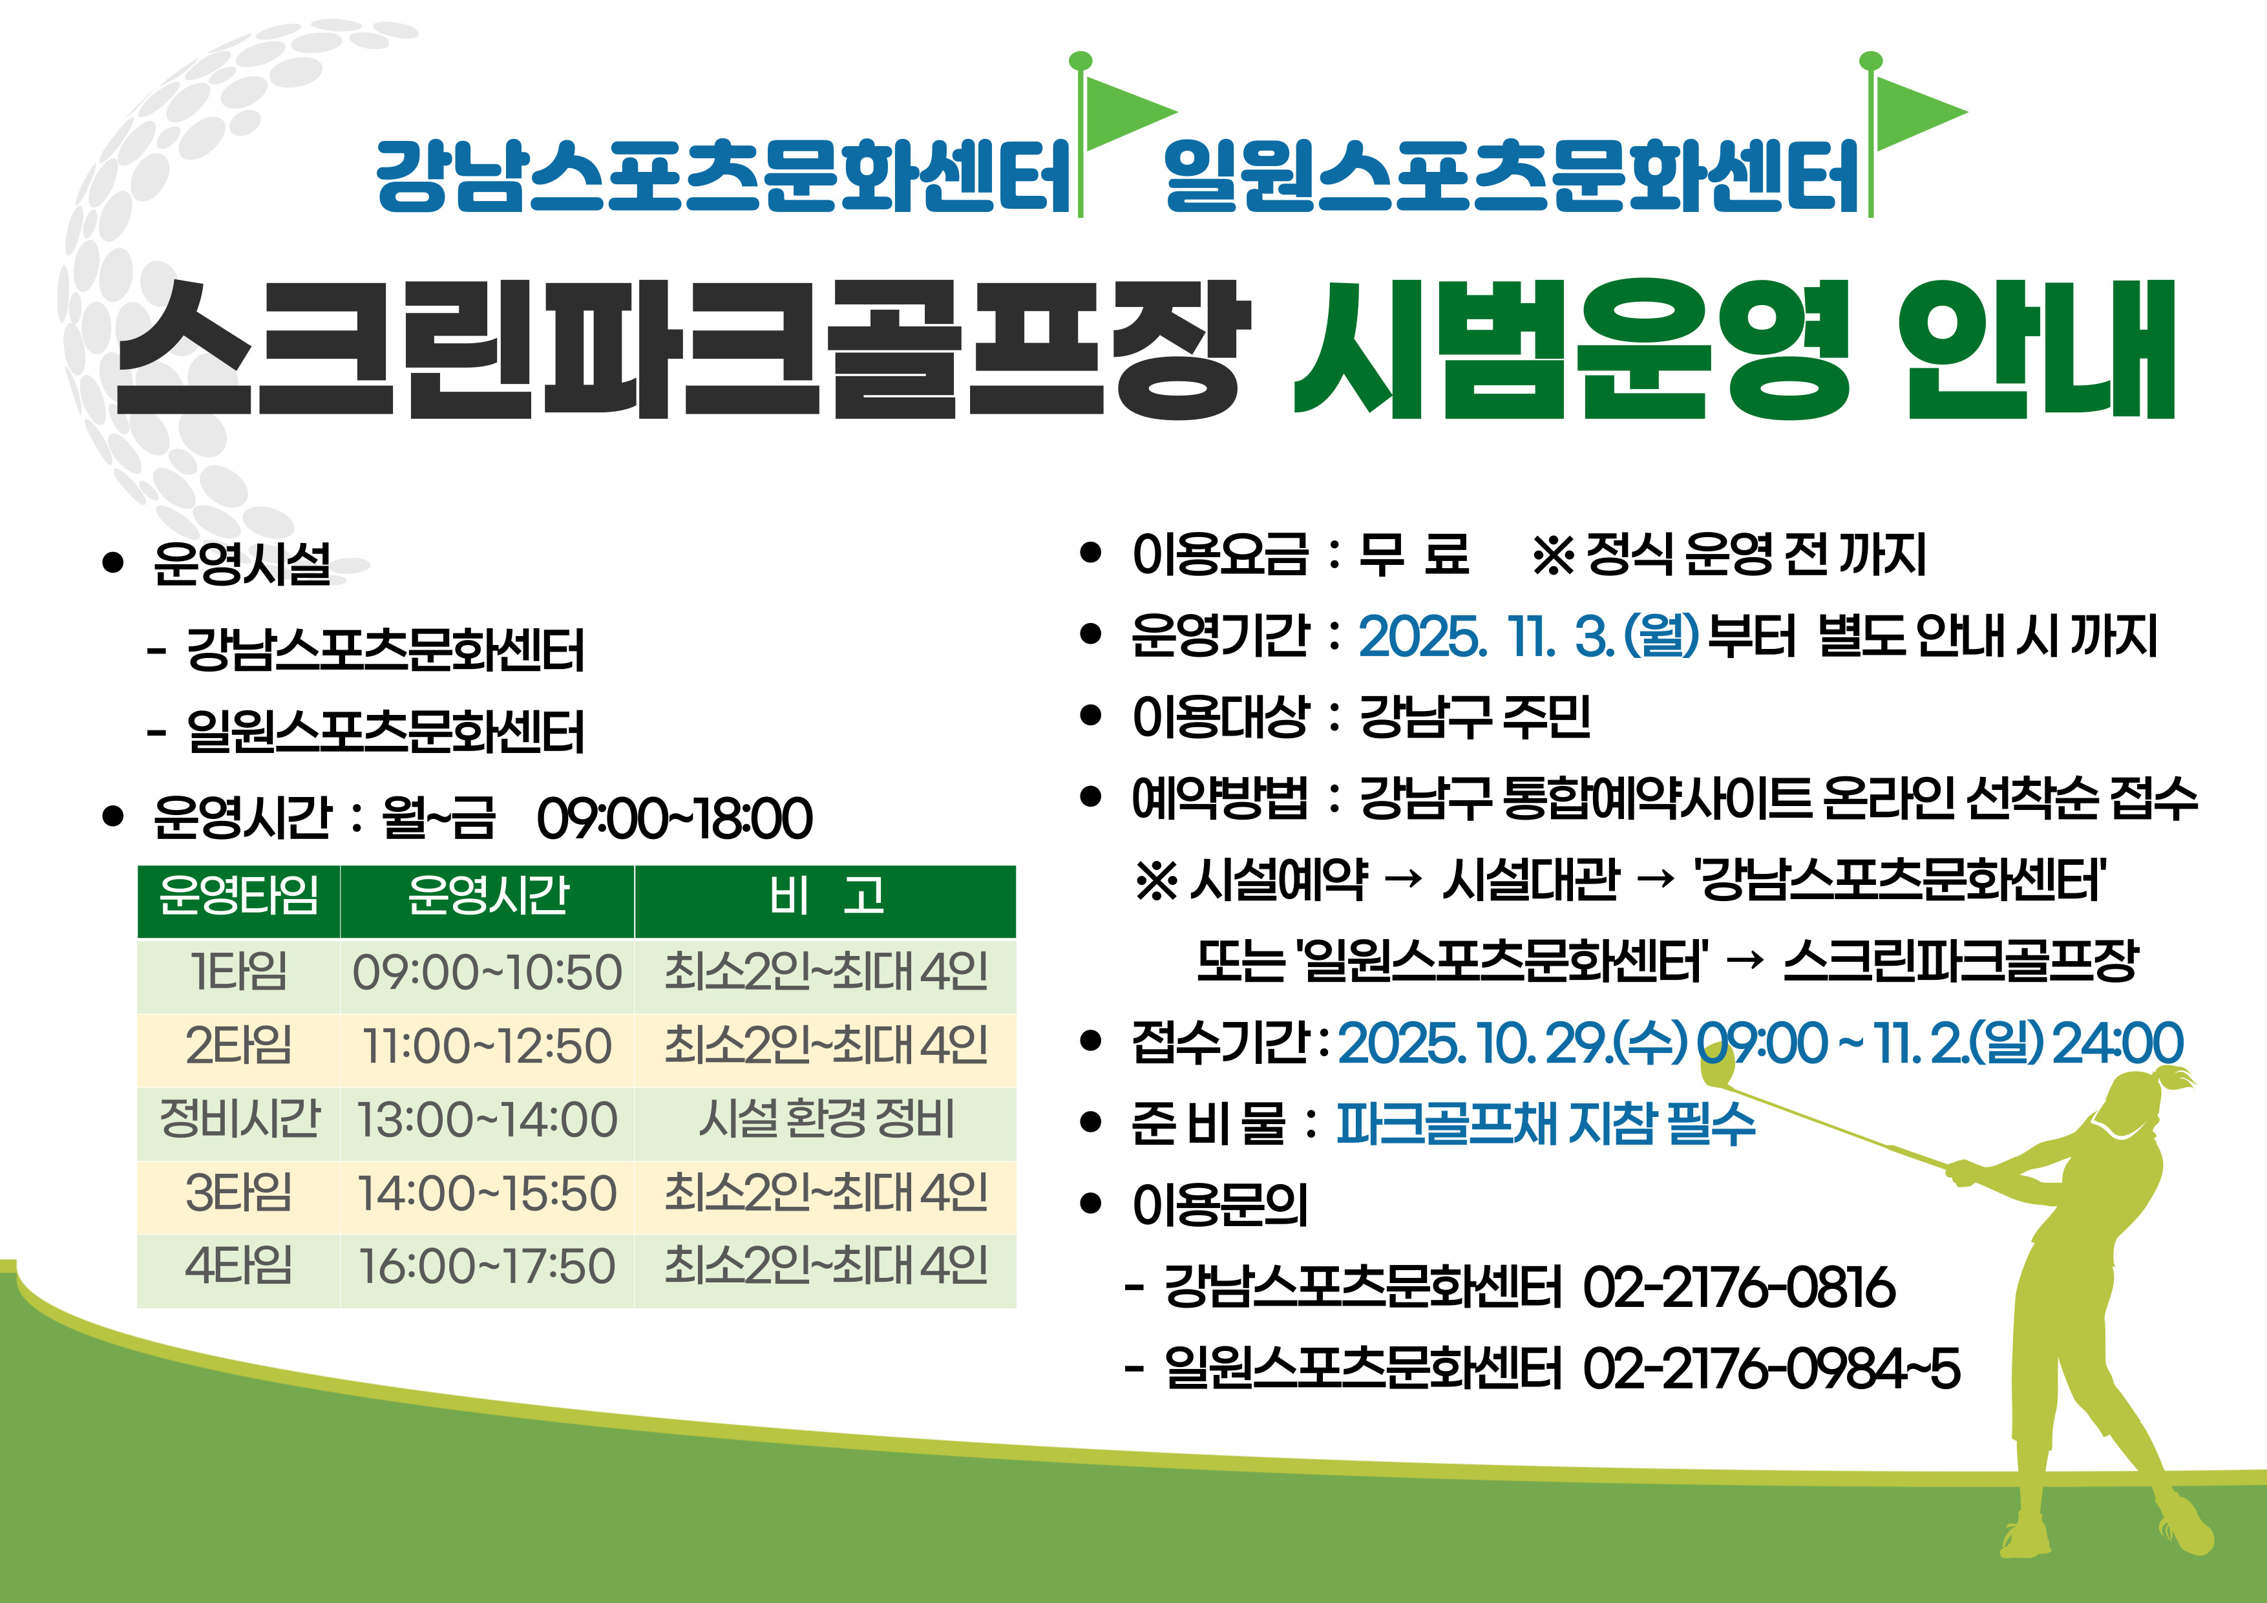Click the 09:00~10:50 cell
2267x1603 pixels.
point(487,973)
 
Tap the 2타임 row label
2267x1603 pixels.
point(239,1046)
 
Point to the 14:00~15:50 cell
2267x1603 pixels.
point(487,1193)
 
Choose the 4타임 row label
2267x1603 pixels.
point(239,1266)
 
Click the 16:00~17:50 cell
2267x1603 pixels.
point(487,1266)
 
